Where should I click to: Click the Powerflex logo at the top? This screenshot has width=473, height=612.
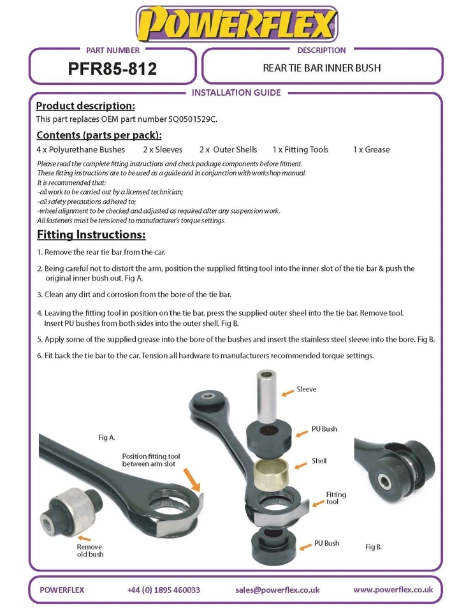coord(236,24)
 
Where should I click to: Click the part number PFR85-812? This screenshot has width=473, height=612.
coord(112,69)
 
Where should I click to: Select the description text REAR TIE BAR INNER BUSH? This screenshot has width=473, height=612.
coord(322,68)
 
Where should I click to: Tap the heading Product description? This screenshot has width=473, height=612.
coord(85,106)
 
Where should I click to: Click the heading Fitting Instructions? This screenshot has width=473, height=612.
coord(91,235)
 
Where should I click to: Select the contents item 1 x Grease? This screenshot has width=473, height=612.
coord(371,150)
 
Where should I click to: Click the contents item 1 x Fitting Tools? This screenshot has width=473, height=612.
coord(300,150)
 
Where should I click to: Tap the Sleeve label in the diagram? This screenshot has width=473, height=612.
coord(306,389)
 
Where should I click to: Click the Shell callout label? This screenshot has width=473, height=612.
coord(319,460)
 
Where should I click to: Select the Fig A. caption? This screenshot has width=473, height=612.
coord(106,437)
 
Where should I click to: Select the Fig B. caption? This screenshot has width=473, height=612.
coord(374,547)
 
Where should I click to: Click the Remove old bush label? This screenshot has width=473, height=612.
coord(89,551)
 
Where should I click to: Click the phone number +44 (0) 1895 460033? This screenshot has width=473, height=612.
coord(164,590)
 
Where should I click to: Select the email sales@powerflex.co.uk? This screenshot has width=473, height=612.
coord(277,590)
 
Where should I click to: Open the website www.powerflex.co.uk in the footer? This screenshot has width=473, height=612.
coord(393,590)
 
